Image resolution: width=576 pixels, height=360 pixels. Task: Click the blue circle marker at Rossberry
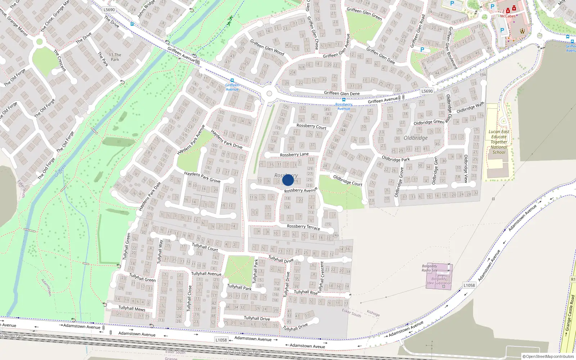click(x=288, y=180)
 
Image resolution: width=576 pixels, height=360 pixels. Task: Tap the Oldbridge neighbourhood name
click(x=415, y=138)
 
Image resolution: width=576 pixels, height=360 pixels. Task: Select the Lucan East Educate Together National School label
click(x=499, y=142)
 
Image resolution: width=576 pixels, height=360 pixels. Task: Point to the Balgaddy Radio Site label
click(x=429, y=268)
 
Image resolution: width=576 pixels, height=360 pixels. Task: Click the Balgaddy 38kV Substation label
click(x=439, y=281)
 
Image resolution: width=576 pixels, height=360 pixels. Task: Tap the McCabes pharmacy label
click(x=508, y=16)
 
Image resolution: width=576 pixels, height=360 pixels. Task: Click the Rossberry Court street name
click(x=311, y=126)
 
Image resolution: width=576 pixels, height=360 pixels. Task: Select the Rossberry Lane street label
click(x=294, y=154)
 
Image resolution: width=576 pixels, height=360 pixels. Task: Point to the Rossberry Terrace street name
click(x=303, y=227)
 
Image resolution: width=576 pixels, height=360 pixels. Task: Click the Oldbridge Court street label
click(x=347, y=180)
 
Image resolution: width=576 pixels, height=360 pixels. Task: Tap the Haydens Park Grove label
click(x=202, y=177)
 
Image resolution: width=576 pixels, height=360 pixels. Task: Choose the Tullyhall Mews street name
click(x=132, y=308)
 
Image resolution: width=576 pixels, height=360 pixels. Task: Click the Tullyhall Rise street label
click(x=306, y=292)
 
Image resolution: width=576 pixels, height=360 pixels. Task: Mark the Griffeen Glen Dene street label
click(x=342, y=93)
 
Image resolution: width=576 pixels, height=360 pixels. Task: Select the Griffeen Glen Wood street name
click(x=267, y=48)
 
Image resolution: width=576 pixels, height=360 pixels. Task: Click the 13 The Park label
click(x=115, y=57)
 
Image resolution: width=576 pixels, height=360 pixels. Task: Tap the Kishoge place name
click(x=373, y=313)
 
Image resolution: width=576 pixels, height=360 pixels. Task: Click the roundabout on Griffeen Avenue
click(x=269, y=94)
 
